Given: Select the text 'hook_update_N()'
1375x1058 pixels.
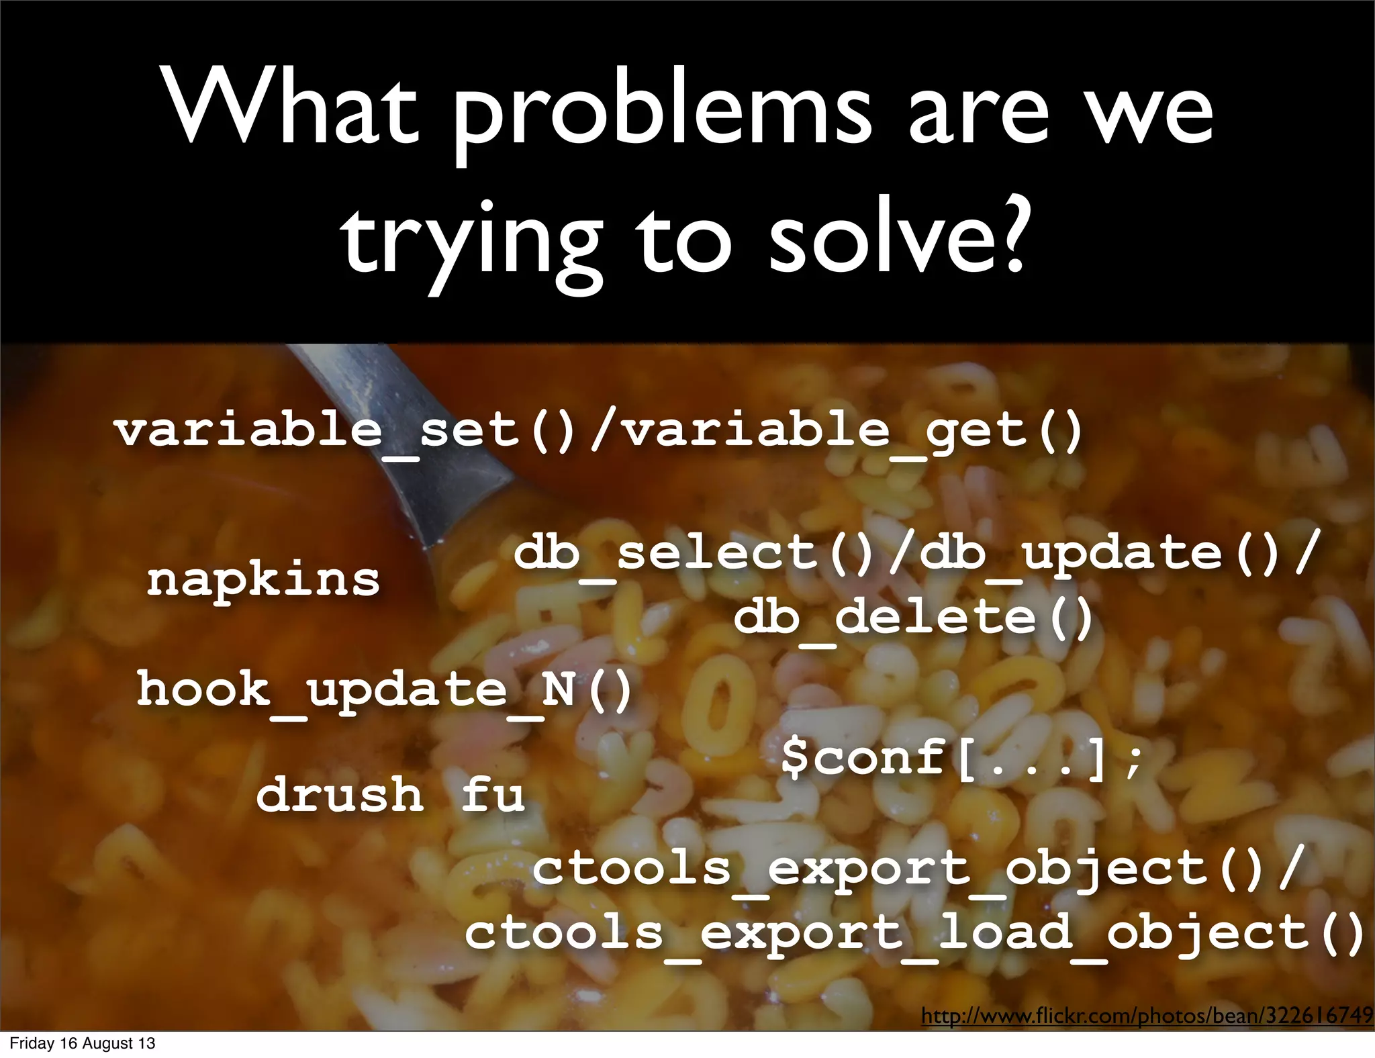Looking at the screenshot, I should (x=384, y=690).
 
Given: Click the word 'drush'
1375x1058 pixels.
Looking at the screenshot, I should (x=340, y=795).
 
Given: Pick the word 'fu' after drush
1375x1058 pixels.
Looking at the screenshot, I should (x=493, y=795).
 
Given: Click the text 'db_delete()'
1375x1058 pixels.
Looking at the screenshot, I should (x=913, y=618).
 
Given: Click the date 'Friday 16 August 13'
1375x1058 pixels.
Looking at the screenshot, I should (x=82, y=1043).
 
